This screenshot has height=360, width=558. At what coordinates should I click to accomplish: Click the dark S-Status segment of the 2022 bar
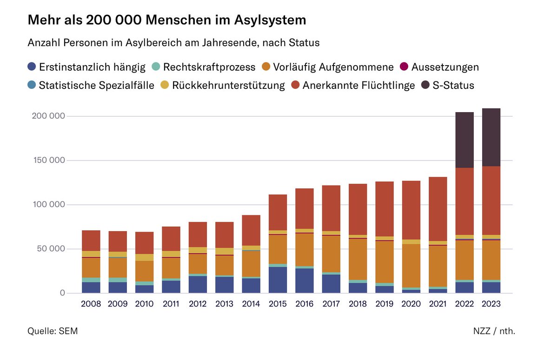(x=465, y=140)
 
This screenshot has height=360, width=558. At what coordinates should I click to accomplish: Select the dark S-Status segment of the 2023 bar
(x=491, y=137)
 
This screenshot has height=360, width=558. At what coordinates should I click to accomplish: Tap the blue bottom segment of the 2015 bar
(x=278, y=280)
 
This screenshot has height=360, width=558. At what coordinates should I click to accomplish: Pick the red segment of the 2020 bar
(x=411, y=210)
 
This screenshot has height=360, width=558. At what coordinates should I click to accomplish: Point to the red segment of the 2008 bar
(x=91, y=240)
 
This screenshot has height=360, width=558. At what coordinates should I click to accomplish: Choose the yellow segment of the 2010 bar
(x=144, y=257)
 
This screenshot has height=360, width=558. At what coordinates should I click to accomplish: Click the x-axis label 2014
(x=251, y=304)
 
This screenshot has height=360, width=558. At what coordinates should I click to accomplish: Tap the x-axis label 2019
(x=385, y=304)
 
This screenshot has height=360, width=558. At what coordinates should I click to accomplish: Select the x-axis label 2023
(x=491, y=304)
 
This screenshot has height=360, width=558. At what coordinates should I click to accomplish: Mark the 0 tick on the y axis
(x=61, y=293)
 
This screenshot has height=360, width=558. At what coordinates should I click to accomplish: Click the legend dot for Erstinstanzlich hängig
(x=32, y=67)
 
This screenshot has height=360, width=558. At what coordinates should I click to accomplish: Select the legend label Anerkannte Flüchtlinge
(x=358, y=85)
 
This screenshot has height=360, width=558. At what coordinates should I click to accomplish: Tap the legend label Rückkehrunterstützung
(x=228, y=85)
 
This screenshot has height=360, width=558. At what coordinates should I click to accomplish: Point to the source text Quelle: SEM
(x=53, y=331)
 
